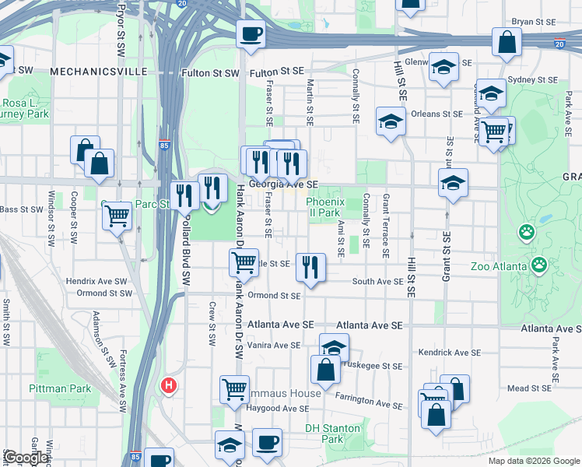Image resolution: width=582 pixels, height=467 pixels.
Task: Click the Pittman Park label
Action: pos(60,388)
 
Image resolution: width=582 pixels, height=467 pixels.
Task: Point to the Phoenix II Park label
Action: pos(324,207)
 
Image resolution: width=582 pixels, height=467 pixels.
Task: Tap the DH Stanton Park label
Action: pos(333,434)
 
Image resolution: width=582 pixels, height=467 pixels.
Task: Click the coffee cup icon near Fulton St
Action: pos(251,34)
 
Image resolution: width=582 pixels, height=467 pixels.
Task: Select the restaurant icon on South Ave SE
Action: pos(311,267)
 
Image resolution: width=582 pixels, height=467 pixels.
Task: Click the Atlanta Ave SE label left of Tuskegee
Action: pos(281,324)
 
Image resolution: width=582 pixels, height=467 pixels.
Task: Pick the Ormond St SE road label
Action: pos(275,296)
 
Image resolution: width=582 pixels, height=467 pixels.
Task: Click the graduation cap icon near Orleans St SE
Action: pos(391,121)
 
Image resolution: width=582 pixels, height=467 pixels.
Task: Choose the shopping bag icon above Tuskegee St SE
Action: pos(325,370)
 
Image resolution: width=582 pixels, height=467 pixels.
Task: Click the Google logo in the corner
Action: pos(25,458)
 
